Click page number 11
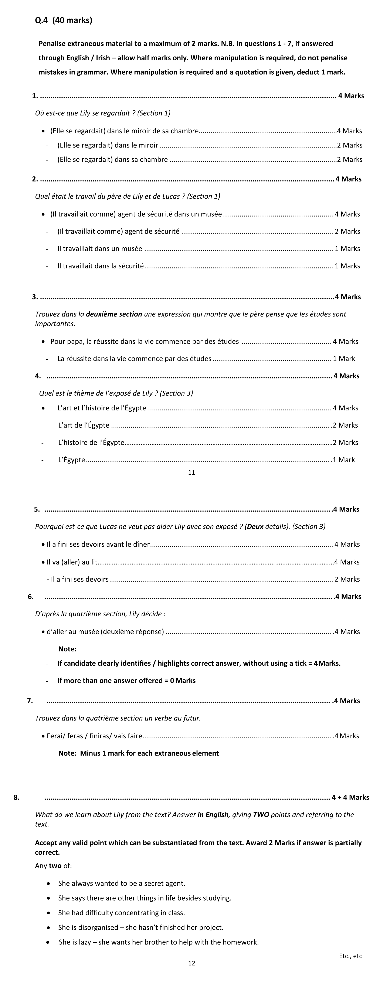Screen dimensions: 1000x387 pos(191,472)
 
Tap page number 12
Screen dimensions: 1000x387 pos(191,963)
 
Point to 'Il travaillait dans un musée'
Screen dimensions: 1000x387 pos(100,248)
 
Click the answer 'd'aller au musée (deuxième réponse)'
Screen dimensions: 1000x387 pos(105,632)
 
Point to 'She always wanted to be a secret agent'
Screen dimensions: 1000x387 pos(122,883)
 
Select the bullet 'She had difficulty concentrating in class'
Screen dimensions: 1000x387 pos(122,913)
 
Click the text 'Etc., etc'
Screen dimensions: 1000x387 pos(350,956)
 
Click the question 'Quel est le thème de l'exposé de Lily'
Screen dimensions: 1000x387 pos(116,393)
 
